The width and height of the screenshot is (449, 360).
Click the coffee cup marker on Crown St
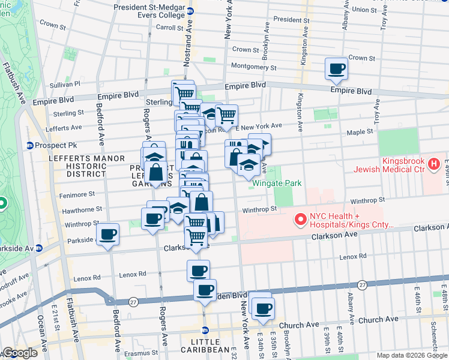click(336, 68)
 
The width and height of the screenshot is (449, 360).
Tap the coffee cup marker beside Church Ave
click(262, 308)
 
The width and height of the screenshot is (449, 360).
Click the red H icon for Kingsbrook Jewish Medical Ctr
click(433, 163)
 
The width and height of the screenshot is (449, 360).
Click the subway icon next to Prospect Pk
click(29, 145)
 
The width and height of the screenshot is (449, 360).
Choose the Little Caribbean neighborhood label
click(205, 349)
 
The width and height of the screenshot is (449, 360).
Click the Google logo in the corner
click(20, 353)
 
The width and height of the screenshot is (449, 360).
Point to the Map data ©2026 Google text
click(411, 355)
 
